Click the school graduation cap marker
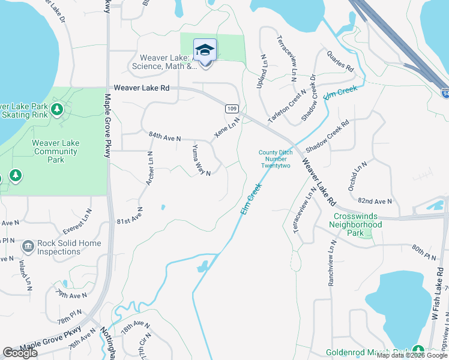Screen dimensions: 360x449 click(205, 50)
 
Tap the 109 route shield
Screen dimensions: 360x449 click(233, 109)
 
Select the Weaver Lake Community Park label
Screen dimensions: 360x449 click(55, 151)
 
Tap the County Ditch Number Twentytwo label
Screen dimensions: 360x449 click(276, 159)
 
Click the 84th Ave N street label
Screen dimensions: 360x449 click(165, 137)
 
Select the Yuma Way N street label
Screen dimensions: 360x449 click(201, 160)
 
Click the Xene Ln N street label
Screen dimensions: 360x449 click(228, 127)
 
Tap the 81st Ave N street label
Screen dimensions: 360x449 click(130, 217)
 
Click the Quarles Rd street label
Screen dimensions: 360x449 click(340, 61)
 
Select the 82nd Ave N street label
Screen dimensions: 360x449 click(374, 201)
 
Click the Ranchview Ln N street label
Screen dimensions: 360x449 click(331, 263)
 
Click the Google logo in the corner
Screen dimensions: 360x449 click(20, 353)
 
